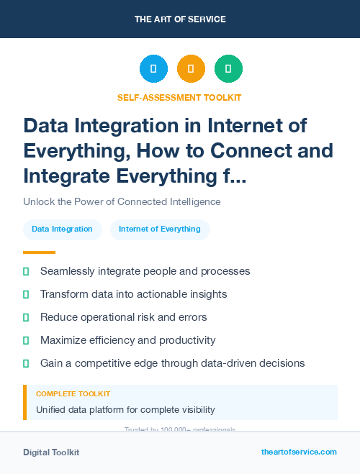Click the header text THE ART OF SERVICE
coord(179,19)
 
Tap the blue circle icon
coord(153,69)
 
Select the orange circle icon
coord(191,69)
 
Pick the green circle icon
coord(228,69)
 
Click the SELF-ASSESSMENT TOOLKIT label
coord(179,97)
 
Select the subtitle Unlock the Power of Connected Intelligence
coord(122,201)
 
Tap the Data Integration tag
coord(62,229)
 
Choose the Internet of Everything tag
coord(160,229)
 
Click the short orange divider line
coord(39,252)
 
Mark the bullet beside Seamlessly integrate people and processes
coord(26,272)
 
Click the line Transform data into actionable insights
coord(133,294)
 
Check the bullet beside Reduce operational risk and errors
coord(26,317)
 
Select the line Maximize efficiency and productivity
coord(127,340)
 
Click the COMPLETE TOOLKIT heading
coord(73,394)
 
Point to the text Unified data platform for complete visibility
coord(125,410)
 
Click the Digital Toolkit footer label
coord(51,452)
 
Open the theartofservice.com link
coord(299,452)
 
